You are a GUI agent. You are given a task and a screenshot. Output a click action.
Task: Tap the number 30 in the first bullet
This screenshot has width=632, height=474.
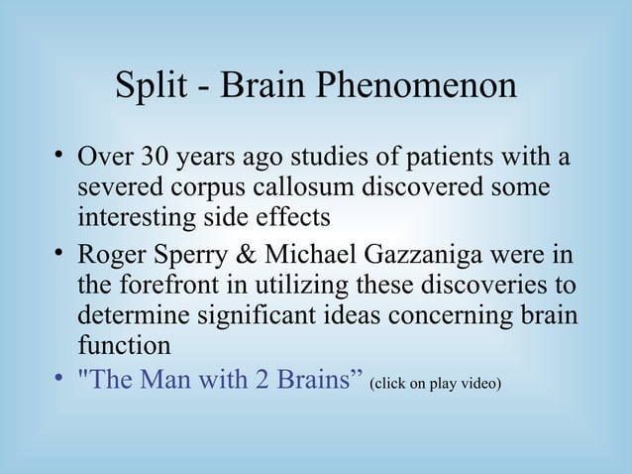(x=156, y=159)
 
